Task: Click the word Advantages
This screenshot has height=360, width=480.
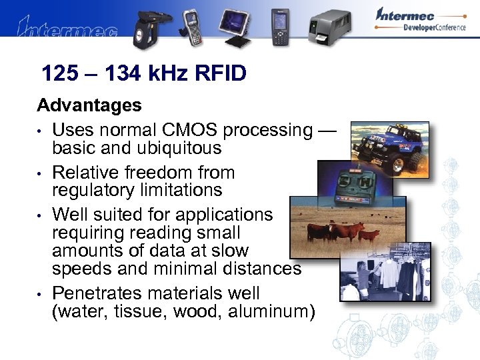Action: click(x=89, y=105)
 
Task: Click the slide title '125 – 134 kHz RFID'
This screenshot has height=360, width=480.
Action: click(x=143, y=73)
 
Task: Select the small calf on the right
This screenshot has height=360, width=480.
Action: click(x=371, y=234)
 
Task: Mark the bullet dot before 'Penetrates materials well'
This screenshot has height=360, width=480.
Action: click(x=41, y=294)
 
